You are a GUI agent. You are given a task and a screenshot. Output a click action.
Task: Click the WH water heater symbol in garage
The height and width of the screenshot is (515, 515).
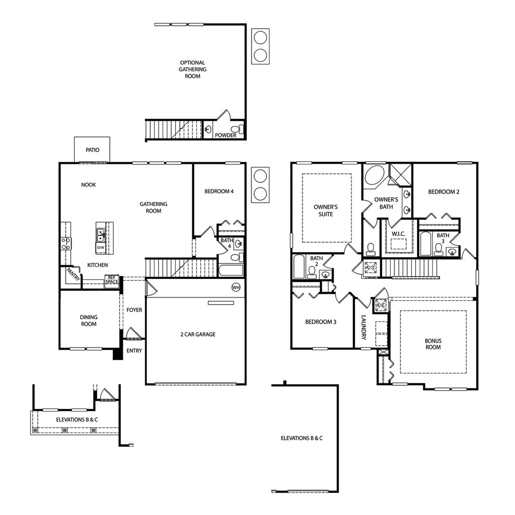(x=236, y=287)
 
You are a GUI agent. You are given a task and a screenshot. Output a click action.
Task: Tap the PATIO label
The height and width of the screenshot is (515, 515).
(x=93, y=150)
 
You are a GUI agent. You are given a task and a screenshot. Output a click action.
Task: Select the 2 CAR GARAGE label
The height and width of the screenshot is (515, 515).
(x=197, y=334)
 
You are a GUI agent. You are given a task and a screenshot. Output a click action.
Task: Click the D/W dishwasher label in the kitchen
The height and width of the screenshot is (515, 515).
(x=101, y=248)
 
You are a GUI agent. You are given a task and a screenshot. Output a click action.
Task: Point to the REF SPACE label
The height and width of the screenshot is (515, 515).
(x=112, y=280)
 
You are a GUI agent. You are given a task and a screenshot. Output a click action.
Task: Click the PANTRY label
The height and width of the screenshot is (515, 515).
(x=73, y=274)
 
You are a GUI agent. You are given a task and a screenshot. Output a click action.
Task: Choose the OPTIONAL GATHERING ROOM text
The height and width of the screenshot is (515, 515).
(x=193, y=69)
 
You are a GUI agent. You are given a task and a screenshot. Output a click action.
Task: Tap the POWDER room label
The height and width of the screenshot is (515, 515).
(x=225, y=135)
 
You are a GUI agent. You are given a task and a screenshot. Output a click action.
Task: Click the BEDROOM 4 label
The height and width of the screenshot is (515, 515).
(x=219, y=191)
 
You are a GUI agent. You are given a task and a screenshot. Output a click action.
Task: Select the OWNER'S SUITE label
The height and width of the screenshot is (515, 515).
(x=326, y=210)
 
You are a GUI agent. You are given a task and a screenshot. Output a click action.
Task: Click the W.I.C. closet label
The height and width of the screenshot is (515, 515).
(x=399, y=234)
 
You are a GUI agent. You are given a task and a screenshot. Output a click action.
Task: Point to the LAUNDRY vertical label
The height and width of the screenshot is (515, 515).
(x=364, y=328)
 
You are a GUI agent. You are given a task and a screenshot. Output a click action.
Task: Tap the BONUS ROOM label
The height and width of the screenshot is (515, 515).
(x=433, y=344)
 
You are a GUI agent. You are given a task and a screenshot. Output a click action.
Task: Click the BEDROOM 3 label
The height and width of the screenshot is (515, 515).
(x=321, y=322)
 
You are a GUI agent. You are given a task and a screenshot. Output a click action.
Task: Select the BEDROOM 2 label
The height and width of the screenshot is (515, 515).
(x=444, y=192)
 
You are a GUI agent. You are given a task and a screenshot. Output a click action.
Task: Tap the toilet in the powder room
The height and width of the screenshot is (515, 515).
(x=242, y=129)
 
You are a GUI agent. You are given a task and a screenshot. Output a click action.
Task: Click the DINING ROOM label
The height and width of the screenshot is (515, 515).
(x=89, y=321)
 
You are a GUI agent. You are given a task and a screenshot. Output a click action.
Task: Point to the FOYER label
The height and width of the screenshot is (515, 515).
(x=134, y=310)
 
